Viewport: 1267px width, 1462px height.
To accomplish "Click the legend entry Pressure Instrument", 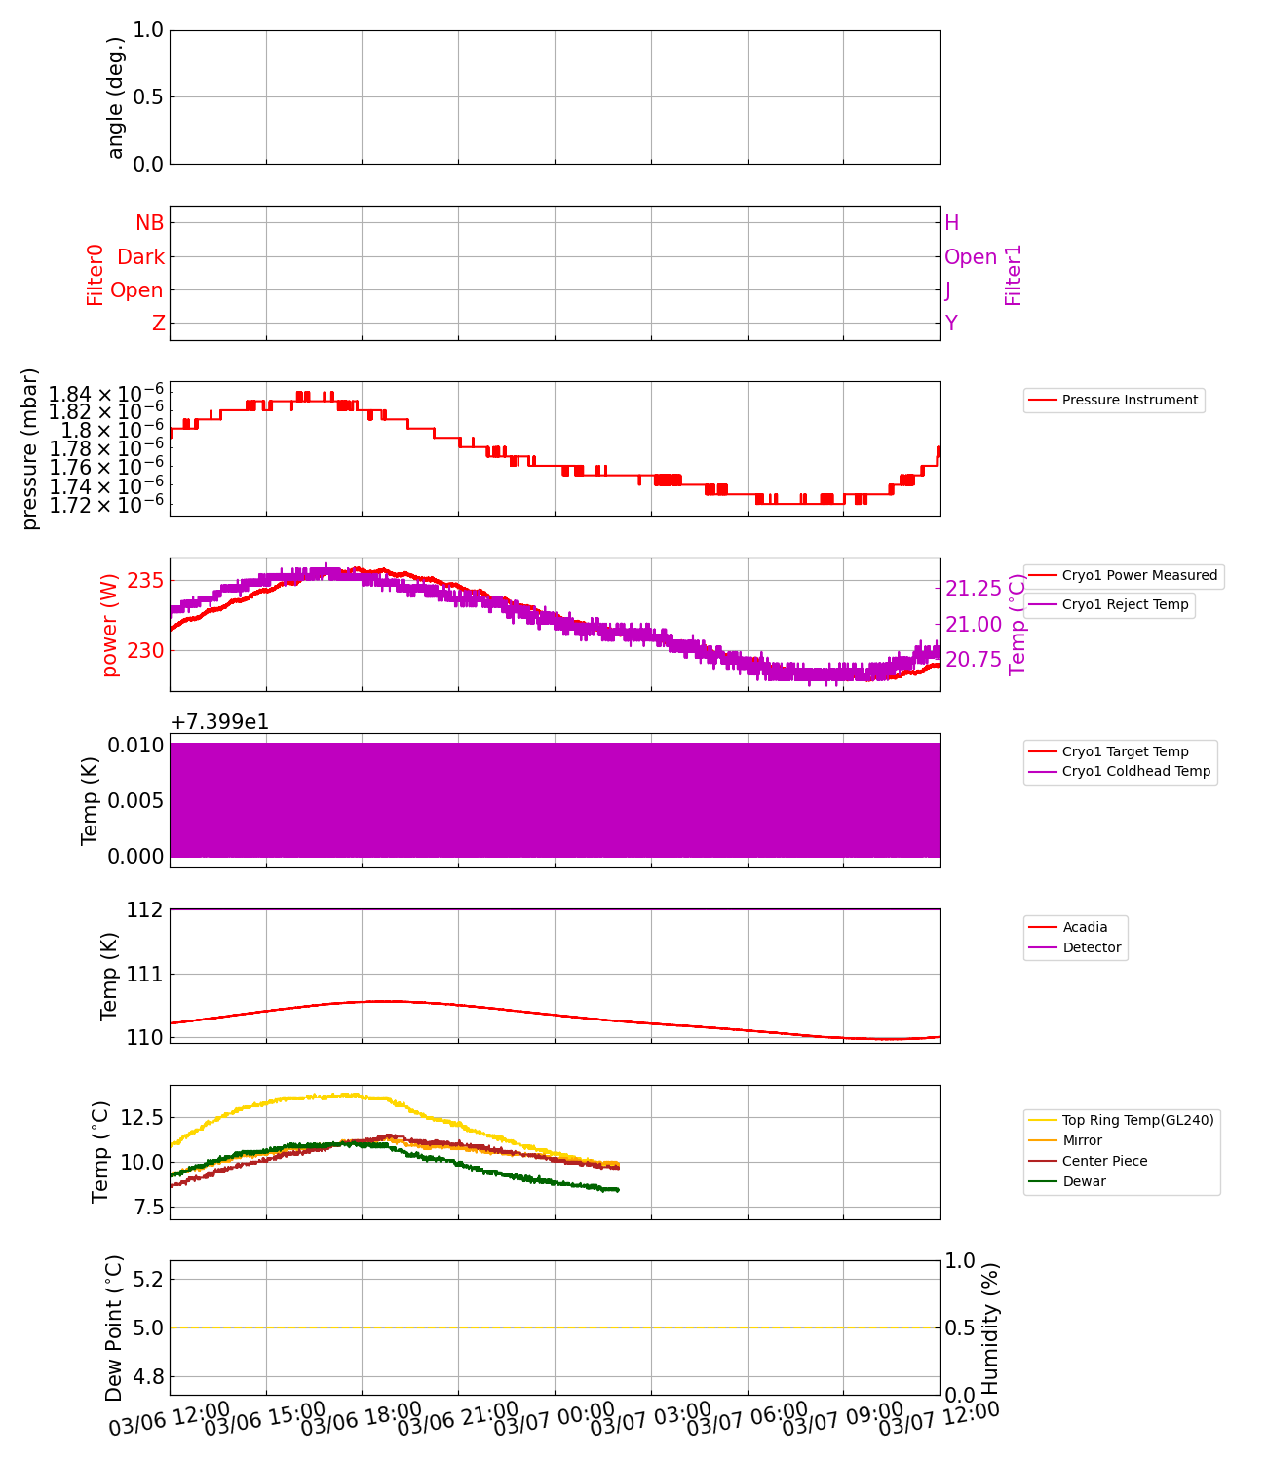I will [x=1129, y=400].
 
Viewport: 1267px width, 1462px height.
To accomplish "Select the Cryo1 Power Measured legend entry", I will [x=1138, y=575].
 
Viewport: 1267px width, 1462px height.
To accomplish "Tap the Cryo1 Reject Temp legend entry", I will [x=1125, y=604].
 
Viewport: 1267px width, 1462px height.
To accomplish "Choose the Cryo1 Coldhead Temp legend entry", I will [x=1135, y=771].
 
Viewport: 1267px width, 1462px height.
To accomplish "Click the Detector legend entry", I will [x=1092, y=947].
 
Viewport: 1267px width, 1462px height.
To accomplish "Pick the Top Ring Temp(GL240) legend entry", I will [x=1137, y=1120].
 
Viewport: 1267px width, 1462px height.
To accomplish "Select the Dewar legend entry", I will [x=1084, y=1181].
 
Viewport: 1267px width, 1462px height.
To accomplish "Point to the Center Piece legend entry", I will [x=1104, y=1161].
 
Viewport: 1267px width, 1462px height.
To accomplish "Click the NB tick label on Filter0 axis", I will [x=149, y=223].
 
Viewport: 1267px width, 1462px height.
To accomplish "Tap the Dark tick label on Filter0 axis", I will [x=140, y=257].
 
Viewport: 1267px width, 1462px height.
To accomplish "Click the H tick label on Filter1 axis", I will [x=952, y=223].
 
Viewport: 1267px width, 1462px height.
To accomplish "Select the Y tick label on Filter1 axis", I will [x=951, y=324].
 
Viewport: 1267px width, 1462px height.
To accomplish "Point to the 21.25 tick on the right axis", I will [x=974, y=589].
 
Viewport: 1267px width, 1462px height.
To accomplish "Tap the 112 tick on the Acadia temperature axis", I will [x=144, y=909].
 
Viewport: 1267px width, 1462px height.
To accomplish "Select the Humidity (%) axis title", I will [x=990, y=1327].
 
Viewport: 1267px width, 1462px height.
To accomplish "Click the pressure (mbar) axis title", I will [x=30, y=448].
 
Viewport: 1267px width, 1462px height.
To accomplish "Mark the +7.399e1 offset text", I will [x=219, y=722].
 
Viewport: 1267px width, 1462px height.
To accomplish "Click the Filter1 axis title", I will [x=1014, y=274].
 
